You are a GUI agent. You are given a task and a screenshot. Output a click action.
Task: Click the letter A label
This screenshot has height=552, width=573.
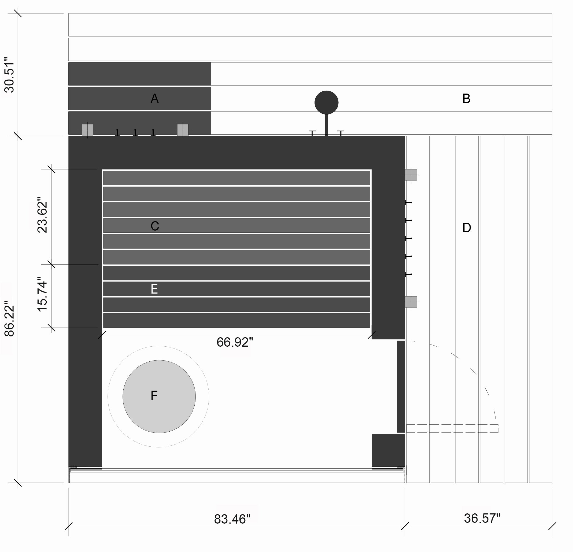point(154,99)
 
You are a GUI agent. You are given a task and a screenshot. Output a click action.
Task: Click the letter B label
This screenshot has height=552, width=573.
point(466,99)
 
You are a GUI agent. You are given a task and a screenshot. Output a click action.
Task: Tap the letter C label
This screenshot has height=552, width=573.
point(155,226)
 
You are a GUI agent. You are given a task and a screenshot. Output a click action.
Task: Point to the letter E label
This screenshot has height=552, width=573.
point(154,289)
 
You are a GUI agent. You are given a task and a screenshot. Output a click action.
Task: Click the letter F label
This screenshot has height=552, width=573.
point(154,396)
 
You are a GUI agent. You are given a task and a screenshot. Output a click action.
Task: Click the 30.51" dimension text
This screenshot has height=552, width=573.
point(9,77)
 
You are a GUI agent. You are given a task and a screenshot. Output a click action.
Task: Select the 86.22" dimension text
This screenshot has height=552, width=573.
point(9,321)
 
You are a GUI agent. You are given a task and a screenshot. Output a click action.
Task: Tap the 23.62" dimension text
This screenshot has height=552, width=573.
point(42,217)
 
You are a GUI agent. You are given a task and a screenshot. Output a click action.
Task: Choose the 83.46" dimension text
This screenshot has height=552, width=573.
point(232,519)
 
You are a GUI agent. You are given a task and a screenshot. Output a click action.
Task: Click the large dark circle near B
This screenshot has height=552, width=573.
point(326,103)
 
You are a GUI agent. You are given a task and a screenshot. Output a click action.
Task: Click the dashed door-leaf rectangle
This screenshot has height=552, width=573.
point(452,428)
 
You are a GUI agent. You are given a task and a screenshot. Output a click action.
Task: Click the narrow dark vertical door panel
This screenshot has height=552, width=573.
point(401,386)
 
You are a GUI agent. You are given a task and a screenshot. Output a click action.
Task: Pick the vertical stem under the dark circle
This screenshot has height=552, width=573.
point(327,125)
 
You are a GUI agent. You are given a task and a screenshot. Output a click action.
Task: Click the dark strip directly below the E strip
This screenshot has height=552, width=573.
point(236,305)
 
